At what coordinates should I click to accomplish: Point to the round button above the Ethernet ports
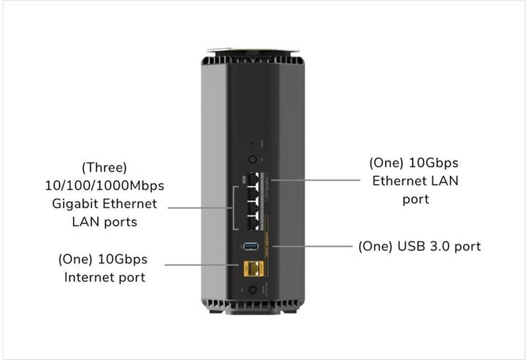(253, 158)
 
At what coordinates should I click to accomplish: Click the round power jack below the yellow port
(253, 291)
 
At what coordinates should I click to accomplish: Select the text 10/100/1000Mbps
(102, 185)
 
